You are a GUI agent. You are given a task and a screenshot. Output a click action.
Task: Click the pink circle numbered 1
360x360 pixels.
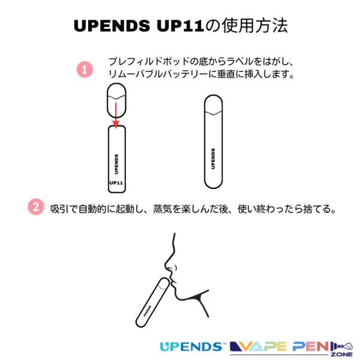point(85,69)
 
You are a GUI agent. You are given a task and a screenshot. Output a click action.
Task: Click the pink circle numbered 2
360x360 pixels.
point(35,208)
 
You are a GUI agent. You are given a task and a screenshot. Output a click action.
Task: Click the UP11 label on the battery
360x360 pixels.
point(116,183)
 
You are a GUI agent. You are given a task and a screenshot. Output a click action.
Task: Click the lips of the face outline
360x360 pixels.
point(173,281)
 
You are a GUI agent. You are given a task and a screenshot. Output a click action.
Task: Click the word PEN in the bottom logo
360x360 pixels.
point(311,346)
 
